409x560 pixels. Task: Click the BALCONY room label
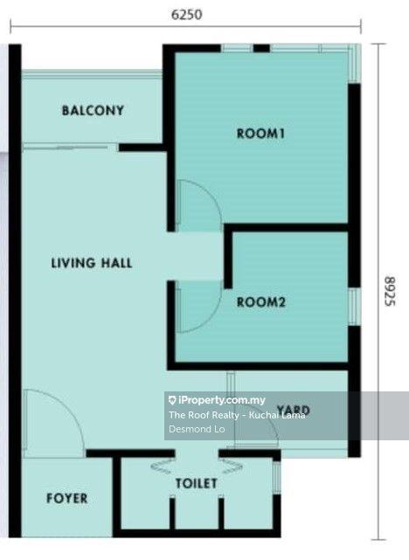93,110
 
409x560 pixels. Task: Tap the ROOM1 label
260,134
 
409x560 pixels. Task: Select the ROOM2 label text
261,302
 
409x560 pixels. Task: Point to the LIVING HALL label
92,263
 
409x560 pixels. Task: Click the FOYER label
67,498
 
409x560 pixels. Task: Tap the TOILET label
196,484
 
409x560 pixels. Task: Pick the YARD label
294,410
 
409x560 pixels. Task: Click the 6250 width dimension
186,15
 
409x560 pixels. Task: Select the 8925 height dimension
390,291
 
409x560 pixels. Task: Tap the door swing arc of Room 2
211,315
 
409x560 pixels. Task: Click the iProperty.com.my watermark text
218,400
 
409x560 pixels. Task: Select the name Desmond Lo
197,429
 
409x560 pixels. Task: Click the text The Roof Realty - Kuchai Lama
237,415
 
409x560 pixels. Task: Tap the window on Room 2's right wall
354,307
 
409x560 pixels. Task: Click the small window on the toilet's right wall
277,478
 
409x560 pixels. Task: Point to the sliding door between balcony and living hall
70,147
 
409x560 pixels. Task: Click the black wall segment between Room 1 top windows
261,48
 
